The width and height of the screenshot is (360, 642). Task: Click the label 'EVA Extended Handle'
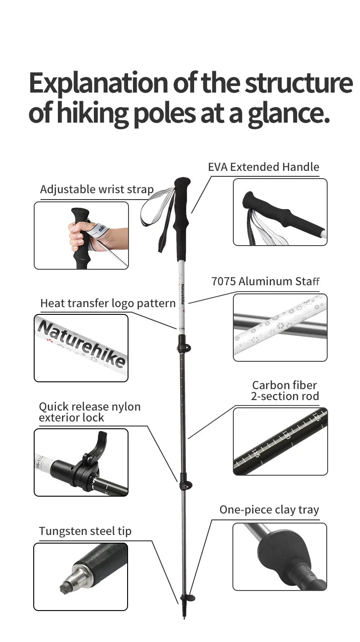263,167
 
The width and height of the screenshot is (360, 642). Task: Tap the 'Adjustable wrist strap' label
97,190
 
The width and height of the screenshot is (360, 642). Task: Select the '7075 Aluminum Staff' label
265,281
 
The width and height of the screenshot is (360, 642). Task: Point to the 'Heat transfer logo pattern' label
108,303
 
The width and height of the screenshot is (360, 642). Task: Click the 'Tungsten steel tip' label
85,531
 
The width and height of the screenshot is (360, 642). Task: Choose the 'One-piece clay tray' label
269,510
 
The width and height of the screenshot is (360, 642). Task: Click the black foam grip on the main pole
182,218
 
